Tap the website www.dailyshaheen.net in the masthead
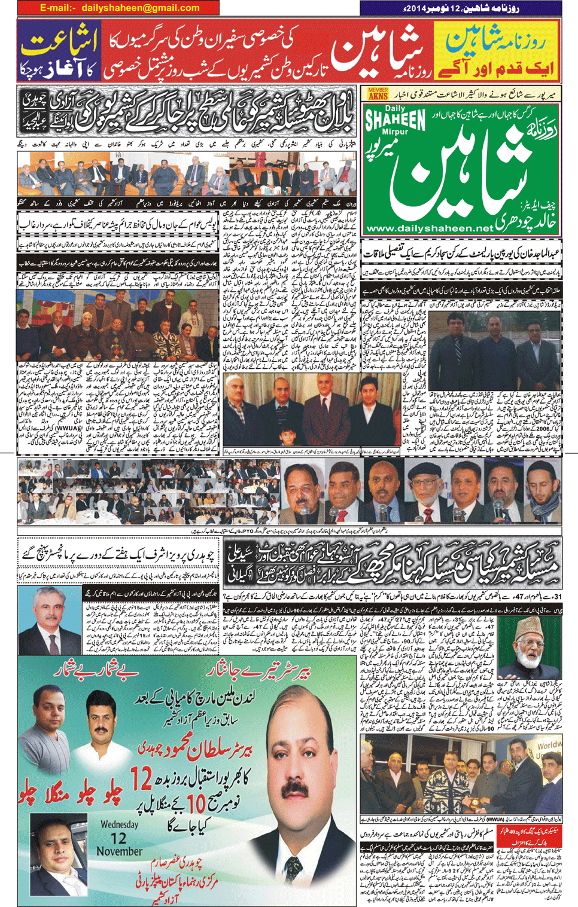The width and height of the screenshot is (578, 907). click(x=430, y=228)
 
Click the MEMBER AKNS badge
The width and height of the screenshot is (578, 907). click(x=378, y=93)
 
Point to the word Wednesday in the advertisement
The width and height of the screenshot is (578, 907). click(x=119, y=824)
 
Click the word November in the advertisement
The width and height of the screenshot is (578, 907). click(x=119, y=851)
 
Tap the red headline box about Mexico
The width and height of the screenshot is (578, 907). click(x=539, y=833)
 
